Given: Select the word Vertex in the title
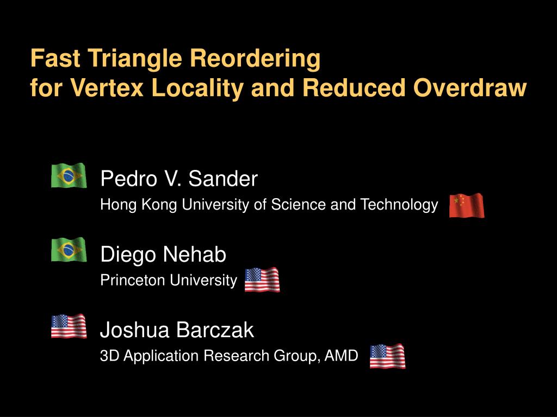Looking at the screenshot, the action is pyautogui.click(x=107, y=87).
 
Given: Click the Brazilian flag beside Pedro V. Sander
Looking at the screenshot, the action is pyautogui.click(x=69, y=175).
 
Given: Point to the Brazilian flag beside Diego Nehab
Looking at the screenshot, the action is pyautogui.click(x=69, y=250).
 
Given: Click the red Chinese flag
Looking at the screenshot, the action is pyautogui.click(x=467, y=205).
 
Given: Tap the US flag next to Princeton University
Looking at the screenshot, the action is pyautogui.click(x=262, y=280).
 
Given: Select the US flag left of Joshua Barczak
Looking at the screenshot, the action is pyautogui.click(x=69, y=326).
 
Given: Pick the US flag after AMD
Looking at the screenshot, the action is pyautogui.click(x=387, y=356).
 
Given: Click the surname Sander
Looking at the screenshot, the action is pyautogui.click(x=222, y=178).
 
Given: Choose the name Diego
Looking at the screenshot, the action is pyautogui.click(x=128, y=255).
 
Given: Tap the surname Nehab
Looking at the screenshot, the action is pyautogui.click(x=194, y=254).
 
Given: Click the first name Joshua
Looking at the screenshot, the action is pyautogui.click(x=135, y=330).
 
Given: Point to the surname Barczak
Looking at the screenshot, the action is pyautogui.click(x=215, y=330).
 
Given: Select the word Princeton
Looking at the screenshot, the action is pyautogui.click(x=132, y=280).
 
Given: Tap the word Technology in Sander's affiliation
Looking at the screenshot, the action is pyautogui.click(x=399, y=205).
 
